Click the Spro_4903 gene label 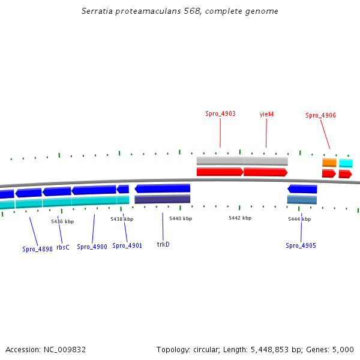pos(220,113)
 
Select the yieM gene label pos(266,113)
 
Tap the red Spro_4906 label pos(320,116)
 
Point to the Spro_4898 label pos(38,249)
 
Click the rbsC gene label pos(63,247)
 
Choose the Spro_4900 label pos(92,247)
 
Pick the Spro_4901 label pos(127,245)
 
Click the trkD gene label pos(163,244)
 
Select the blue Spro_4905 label pos(301,245)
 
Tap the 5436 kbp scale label pos(62,221)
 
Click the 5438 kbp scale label pos(122,219)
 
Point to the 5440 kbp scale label pos(181,218)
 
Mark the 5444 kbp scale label pos(299,219)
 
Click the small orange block pos(329,162)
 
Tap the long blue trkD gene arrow pos(163,188)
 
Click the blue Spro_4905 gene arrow pos(302,189)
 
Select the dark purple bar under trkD pos(163,199)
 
